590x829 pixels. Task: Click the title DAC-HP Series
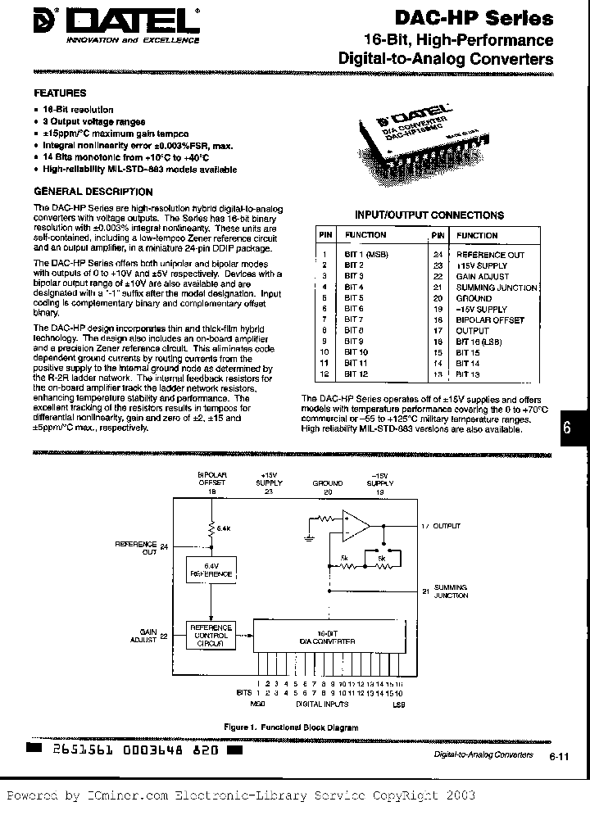485,18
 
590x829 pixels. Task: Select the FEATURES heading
60,93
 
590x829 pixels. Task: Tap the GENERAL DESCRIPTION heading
84,191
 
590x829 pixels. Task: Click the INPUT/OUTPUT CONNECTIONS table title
429,215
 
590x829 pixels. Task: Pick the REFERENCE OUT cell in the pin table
490,256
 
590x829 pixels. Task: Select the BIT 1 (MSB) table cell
365,256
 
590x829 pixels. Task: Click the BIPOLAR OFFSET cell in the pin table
490,319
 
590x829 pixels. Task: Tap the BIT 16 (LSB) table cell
479,341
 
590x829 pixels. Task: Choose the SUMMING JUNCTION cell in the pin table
497,288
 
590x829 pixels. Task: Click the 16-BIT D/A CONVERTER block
328,637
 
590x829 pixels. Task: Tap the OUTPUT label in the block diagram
446,526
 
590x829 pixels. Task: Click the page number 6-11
560,756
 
